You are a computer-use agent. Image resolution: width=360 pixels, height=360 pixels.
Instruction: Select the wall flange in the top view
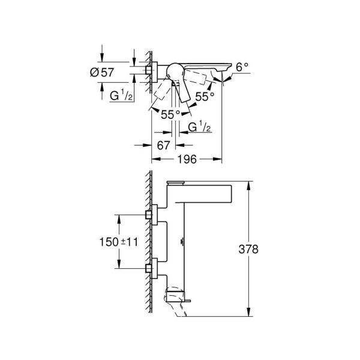click(x=154, y=71)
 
